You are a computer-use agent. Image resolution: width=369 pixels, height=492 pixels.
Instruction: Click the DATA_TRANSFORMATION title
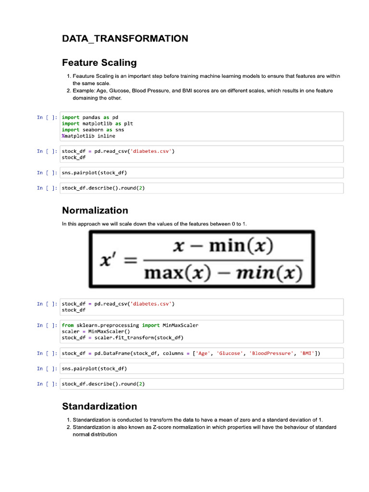[125, 38]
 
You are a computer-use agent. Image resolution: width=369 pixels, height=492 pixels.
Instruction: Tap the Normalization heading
[95, 210]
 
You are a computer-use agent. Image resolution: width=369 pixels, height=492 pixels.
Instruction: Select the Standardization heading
[99, 406]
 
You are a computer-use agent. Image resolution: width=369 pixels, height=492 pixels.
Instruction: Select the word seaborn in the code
[92, 130]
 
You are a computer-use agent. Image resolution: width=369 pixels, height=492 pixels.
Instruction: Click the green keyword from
[68, 325]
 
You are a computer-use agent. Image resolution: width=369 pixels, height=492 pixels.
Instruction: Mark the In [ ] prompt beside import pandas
[48, 117]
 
